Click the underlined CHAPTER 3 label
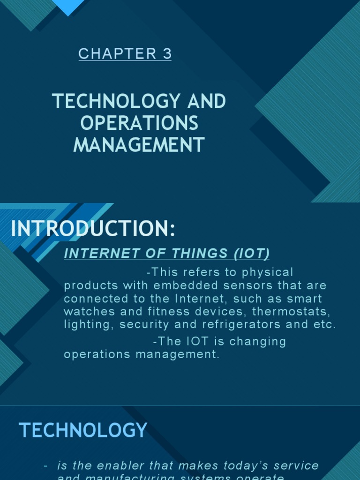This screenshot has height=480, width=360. (x=125, y=54)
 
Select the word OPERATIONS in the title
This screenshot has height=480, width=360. (x=139, y=123)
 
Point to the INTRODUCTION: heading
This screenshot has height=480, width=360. (x=93, y=229)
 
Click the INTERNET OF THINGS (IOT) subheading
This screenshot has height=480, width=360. (x=166, y=254)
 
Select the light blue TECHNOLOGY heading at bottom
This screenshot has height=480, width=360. (x=83, y=430)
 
